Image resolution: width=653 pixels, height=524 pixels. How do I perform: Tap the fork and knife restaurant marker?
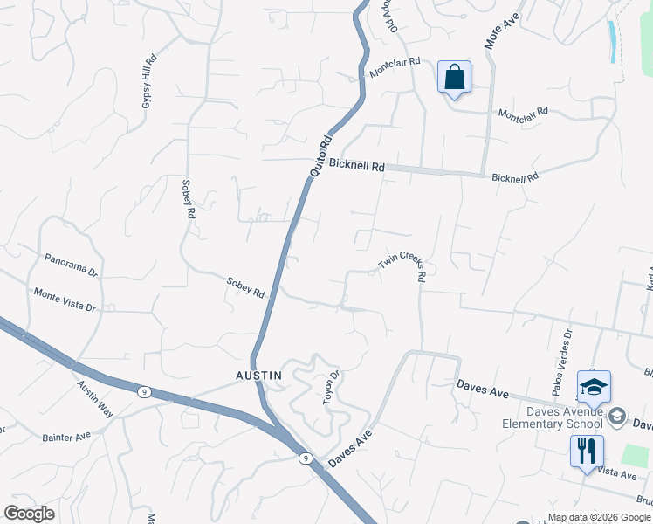pyautogui.click(x=584, y=452)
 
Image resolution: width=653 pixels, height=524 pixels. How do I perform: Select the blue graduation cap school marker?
pyautogui.click(x=594, y=386)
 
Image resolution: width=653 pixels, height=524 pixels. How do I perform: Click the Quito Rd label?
pyautogui.click(x=321, y=156)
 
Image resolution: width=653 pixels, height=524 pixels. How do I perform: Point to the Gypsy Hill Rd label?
pyautogui.click(x=148, y=82)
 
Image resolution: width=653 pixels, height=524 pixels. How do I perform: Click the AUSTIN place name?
pyautogui.click(x=258, y=376)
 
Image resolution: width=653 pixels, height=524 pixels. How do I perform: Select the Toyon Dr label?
pyautogui.click(x=331, y=383)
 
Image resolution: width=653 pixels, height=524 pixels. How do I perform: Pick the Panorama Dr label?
pyautogui.click(x=70, y=265)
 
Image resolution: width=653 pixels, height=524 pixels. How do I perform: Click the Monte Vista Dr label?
pyautogui.click(x=64, y=300)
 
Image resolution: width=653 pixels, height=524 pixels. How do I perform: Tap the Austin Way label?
pyautogui.click(x=94, y=398)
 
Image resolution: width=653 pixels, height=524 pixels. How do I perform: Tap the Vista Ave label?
pyautogui.click(x=617, y=473)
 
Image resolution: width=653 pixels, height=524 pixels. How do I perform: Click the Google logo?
pyautogui.click(x=29, y=514)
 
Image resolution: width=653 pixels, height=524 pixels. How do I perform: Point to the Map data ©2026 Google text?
pyautogui.click(x=599, y=517)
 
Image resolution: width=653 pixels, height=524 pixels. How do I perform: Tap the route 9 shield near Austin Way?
pyautogui.click(x=142, y=392)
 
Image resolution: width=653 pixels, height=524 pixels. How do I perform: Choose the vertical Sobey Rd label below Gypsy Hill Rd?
pyautogui.click(x=187, y=200)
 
